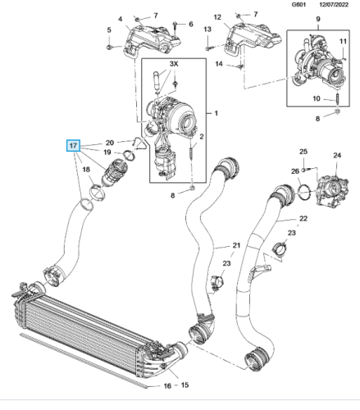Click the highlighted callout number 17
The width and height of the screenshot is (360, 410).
point(73,145)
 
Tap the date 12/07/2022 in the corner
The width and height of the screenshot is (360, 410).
point(334,5)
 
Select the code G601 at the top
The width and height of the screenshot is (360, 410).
point(298,5)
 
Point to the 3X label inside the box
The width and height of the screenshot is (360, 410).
point(174,64)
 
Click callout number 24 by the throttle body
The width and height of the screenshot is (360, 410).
point(337,155)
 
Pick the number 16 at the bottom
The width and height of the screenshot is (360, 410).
point(167,385)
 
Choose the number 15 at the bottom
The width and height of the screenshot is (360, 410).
point(185,385)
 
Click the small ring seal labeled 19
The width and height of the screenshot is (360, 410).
point(130,155)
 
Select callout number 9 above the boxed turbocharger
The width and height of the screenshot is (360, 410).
point(318,19)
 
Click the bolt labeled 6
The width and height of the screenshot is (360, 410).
point(175,28)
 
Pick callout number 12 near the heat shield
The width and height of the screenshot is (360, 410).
point(217,17)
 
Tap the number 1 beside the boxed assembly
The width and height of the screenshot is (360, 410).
point(216,113)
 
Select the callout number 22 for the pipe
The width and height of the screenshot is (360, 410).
point(303,218)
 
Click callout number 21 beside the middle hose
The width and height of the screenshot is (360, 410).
point(236,245)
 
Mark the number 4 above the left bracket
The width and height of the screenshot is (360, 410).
point(121,19)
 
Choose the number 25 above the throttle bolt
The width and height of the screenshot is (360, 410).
point(303,152)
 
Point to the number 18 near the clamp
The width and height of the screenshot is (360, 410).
point(86,170)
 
